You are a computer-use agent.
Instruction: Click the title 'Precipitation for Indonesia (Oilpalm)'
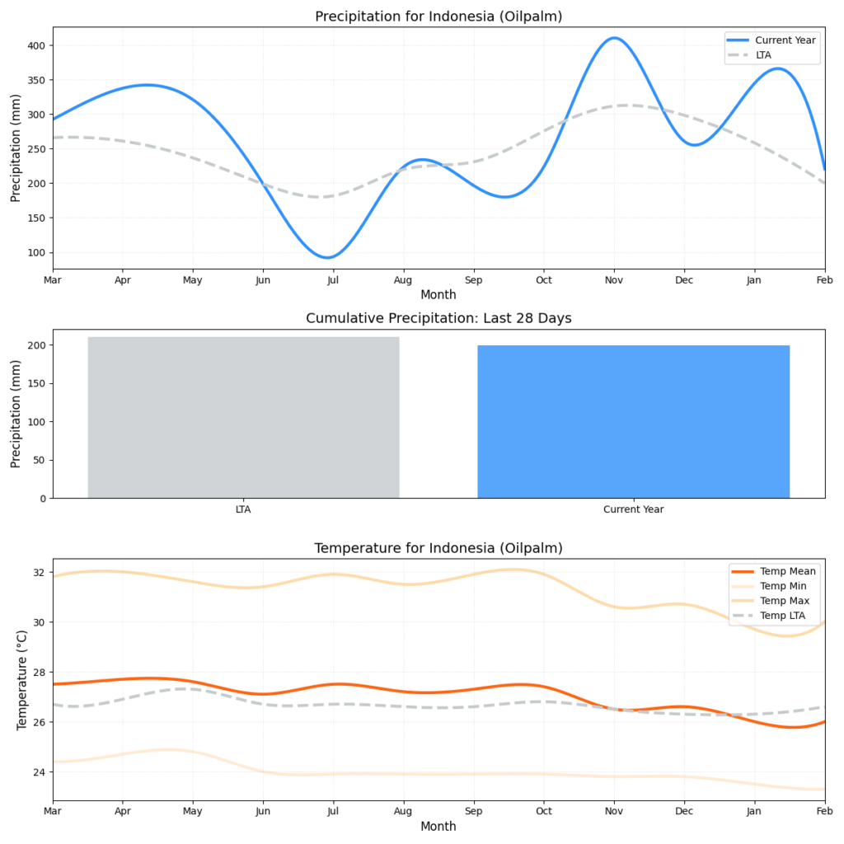coord(438,16)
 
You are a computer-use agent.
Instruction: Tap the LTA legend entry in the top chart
coord(763,55)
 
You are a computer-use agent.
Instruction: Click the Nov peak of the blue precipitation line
coord(613,38)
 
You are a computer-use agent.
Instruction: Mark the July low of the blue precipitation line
coord(328,257)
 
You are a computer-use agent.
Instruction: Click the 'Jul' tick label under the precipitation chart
coord(332,281)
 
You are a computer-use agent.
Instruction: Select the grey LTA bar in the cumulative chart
coord(243,417)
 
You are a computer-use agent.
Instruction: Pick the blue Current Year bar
coord(633,421)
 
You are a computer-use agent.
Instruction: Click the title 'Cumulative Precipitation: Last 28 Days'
coord(438,319)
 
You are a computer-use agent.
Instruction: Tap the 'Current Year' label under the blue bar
coord(633,509)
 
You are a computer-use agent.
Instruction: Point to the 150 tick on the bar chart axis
coord(37,383)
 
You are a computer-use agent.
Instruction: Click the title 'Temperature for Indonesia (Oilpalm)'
coord(438,548)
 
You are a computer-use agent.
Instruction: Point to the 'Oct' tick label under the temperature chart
coord(542,812)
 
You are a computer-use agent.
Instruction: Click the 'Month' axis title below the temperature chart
coord(438,826)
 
